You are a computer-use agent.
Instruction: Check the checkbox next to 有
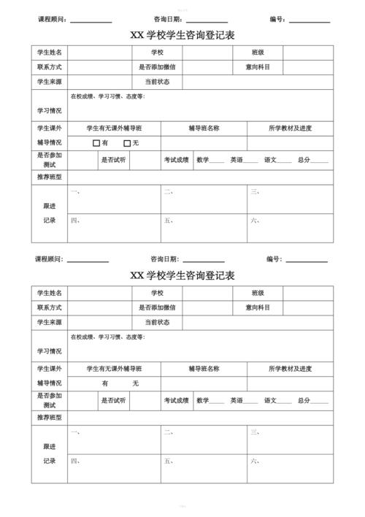point(96,143)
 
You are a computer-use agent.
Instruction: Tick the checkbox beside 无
point(127,143)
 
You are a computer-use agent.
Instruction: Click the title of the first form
point(182,35)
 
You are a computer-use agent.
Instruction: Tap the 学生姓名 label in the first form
point(50,53)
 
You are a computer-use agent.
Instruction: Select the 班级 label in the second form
point(258,293)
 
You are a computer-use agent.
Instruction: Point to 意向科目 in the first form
point(258,67)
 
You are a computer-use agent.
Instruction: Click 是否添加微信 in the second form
point(157,307)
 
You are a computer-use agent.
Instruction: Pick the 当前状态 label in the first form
point(157,82)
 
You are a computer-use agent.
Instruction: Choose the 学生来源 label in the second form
point(50,322)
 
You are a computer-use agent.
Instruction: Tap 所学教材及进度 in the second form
point(290,369)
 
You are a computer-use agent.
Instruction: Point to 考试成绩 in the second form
point(176,400)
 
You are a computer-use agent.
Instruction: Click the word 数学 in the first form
point(203,160)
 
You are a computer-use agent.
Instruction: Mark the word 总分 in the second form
point(304,400)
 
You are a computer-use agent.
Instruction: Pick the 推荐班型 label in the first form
point(50,177)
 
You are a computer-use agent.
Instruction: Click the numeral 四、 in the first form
point(74,220)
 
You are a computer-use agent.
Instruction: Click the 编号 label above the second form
point(274,259)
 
